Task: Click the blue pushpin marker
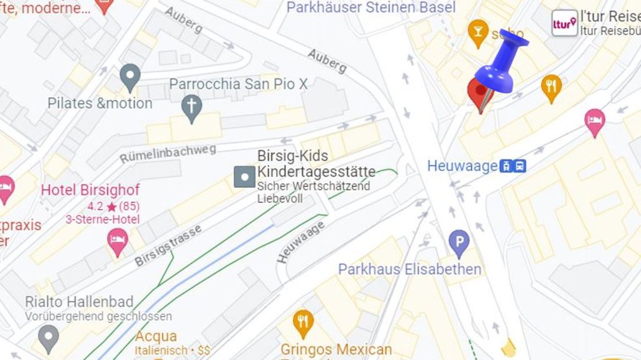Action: click(502, 61)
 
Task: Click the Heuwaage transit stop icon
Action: click(513, 166)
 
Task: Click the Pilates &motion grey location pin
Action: click(130, 77)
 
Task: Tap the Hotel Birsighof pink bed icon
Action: click(117, 242)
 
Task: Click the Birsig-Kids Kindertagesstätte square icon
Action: click(244, 177)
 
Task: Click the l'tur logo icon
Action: click(565, 23)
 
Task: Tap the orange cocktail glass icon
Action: click(478, 32)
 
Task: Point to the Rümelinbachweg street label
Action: click(168, 153)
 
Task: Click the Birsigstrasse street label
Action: click(168, 245)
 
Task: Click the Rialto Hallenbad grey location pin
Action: click(48, 338)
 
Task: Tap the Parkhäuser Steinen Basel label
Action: click(371, 8)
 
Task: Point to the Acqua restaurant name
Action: click(156, 336)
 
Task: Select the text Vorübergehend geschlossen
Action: click(98, 316)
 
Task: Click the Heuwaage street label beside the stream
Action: click(301, 241)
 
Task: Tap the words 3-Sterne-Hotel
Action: click(103, 219)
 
